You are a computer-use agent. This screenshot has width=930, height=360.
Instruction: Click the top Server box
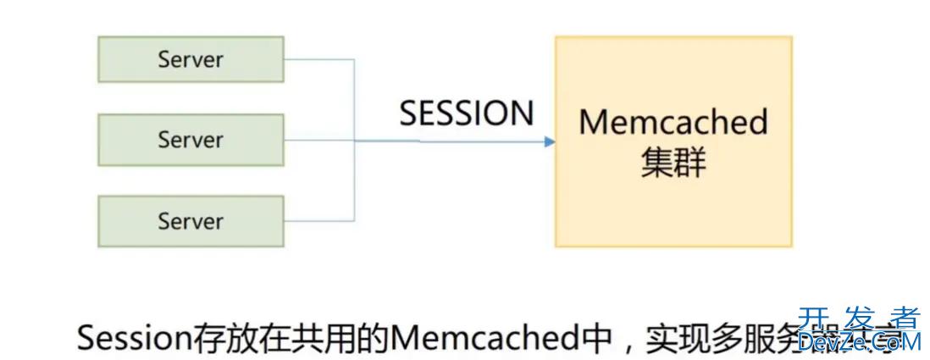[191, 59]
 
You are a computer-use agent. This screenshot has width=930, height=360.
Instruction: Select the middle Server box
[191, 140]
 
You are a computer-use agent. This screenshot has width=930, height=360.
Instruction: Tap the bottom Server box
[191, 221]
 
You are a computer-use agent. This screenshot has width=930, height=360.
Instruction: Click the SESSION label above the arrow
[467, 114]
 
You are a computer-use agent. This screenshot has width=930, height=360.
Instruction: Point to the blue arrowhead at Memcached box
[550, 141]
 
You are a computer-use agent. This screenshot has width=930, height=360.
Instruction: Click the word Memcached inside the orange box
[673, 122]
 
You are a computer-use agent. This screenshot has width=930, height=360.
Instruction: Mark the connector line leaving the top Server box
[318, 59]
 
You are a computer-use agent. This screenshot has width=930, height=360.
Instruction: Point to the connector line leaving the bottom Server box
[318, 222]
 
